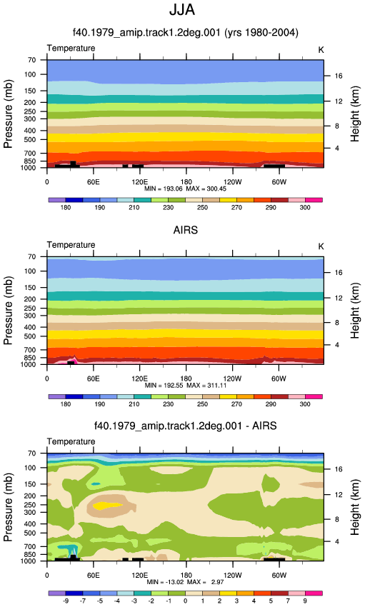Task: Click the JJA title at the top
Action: click(182, 10)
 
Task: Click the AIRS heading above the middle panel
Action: click(186, 230)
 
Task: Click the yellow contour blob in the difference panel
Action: click(108, 505)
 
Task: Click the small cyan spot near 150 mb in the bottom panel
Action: click(95, 484)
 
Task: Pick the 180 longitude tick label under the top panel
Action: click(186, 182)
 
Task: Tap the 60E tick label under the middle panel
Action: click(93, 378)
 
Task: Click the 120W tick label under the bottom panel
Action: click(232, 576)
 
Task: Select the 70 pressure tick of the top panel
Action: click(31, 60)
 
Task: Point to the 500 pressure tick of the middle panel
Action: click(30, 336)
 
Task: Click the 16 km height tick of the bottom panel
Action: click(339, 469)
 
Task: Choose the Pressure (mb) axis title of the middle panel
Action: click(8, 311)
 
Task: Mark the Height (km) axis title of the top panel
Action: click(355, 114)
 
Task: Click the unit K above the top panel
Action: click(321, 50)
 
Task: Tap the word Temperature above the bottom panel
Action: click(71, 442)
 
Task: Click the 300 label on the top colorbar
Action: click(305, 208)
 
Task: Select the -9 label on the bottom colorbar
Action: click(66, 601)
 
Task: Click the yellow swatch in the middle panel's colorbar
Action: click(228, 397)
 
